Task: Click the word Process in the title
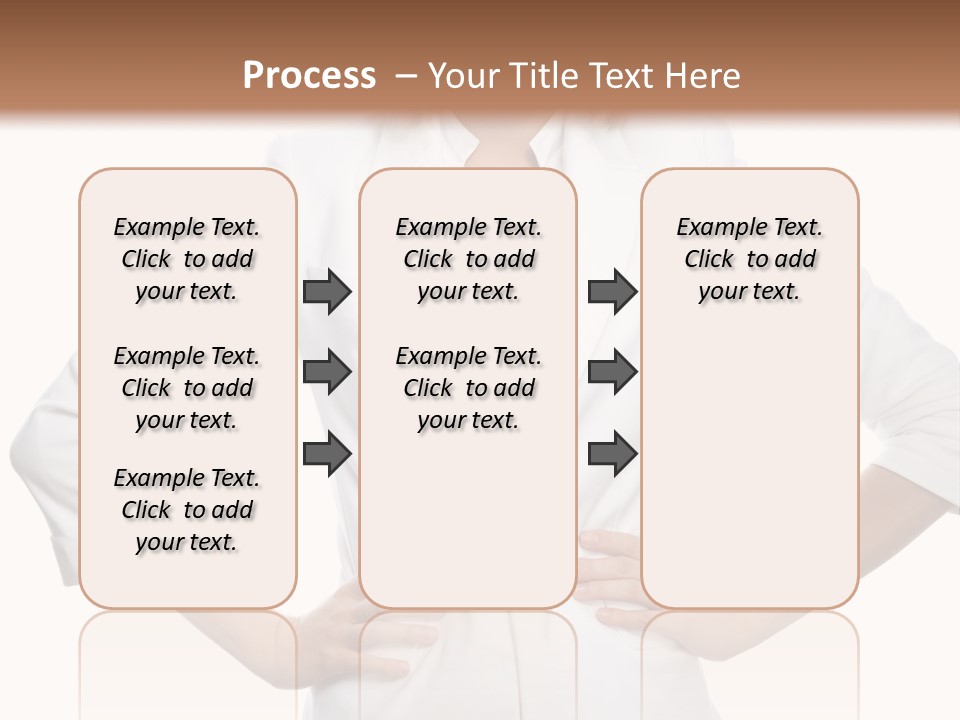(309, 76)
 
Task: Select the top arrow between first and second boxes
(327, 292)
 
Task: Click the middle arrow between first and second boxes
(327, 373)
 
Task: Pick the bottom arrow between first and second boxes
(327, 454)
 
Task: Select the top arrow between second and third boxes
(612, 292)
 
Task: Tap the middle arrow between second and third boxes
(612, 373)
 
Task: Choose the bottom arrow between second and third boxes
(612, 454)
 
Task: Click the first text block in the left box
(187, 259)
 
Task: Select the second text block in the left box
(187, 388)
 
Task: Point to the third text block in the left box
(187, 510)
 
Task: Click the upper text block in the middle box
(468, 259)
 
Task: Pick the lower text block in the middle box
(468, 388)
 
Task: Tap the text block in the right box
(749, 259)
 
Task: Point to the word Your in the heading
(464, 76)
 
